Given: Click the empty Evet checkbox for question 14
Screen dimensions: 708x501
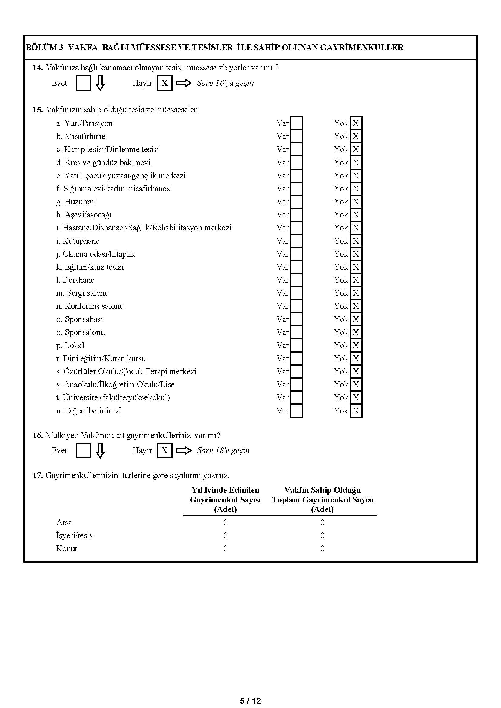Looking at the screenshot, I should point(83,83).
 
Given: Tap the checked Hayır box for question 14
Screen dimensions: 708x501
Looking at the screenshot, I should point(165,83).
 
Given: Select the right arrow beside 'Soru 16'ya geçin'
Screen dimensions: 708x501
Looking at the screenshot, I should point(184,83).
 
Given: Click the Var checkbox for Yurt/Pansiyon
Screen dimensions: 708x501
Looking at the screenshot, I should point(297,123).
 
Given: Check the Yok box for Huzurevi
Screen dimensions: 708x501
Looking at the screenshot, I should point(356,202).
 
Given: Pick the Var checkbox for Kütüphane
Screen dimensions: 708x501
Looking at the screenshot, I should point(297,241).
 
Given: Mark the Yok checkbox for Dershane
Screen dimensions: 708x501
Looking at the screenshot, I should point(356,280).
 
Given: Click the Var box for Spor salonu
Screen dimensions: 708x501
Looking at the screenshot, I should point(297,332).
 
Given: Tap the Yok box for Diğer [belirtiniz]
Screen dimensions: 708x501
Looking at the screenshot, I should point(356,411).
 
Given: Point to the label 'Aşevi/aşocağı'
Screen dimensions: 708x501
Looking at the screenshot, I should point(88,215).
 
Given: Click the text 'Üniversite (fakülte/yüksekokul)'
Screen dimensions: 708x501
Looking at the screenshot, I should point(116,397).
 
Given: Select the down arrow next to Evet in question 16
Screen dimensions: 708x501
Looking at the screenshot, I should point(100,450).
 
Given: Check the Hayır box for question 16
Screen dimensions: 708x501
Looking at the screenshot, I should point(165,450).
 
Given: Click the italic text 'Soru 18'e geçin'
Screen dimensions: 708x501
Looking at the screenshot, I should point(223,450).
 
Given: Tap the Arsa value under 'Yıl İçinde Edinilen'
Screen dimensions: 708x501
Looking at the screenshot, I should point(226,522).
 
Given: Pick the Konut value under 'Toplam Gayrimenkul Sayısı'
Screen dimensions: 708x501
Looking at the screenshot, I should point(322,548).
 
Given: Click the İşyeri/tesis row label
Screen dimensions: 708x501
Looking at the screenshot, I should point(74,535).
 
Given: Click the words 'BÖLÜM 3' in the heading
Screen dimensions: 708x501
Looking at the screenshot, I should point(45,48).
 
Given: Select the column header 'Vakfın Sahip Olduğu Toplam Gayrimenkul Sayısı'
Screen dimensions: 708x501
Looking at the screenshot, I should point(322,499).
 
